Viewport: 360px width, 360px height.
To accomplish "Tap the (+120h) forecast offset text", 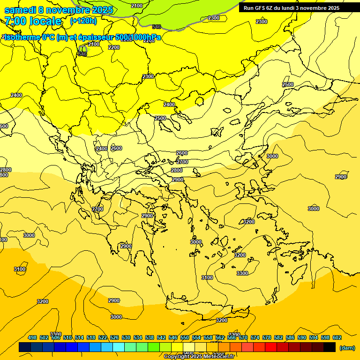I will [83, 21].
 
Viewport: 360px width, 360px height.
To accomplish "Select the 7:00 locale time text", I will [33, 21].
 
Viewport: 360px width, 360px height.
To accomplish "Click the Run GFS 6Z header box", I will [292, 7].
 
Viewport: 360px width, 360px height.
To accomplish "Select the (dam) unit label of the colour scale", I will [347, 348].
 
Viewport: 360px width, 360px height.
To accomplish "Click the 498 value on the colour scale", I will [32, 337].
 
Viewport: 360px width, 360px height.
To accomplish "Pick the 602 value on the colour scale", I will [337, 337].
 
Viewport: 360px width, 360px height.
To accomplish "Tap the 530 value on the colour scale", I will [126, 337].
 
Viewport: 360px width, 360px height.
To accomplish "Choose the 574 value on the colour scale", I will [255, 337].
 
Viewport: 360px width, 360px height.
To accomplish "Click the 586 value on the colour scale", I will [290, 337].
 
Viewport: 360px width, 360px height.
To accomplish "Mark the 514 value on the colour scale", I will [79, 337].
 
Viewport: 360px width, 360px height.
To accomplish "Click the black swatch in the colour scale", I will [330, 347].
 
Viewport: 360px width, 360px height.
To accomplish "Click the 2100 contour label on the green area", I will [137, 6].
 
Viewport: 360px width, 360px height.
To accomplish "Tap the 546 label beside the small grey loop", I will [82, 54].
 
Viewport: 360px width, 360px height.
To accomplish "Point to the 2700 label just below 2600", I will [182, 162].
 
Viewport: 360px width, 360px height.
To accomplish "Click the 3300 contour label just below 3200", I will [242, 273].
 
